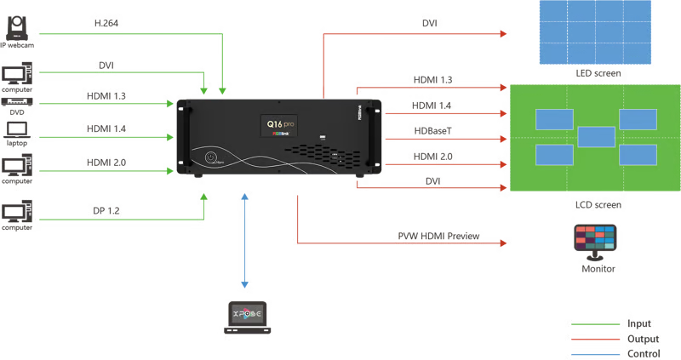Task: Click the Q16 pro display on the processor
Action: [278, 126]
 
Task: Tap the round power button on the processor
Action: [210, 157]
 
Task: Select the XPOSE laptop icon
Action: [248, 316]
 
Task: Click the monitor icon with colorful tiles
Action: [595, 237]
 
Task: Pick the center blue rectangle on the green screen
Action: [596, 137]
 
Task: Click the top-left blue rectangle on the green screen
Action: [554, 119]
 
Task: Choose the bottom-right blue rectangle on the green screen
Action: [638, 155]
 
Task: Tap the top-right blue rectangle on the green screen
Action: [638, 119]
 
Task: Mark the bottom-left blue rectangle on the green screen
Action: [554, 155]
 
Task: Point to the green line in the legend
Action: [595, 324]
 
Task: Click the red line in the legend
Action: [595, 339]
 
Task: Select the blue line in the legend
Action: [595, 352]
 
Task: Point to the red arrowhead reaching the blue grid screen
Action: [504, 34]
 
